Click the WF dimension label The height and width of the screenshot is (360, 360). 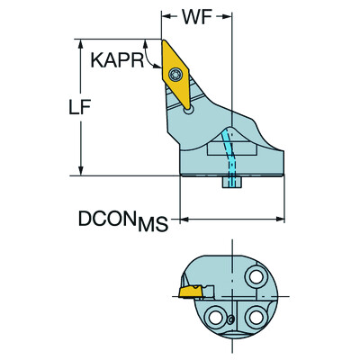tap(199, 16)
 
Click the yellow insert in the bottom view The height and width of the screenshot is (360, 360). tap(191, 292)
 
